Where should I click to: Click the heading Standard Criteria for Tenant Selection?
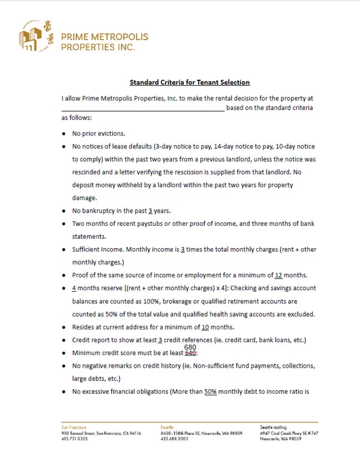coord(189,83)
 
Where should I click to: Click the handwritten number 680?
coord(191,347)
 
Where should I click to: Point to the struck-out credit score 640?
coord(191,353)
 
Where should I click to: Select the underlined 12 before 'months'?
coord(279,275)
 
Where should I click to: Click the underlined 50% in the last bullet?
coord(210,391)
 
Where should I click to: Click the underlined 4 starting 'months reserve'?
coord(74,288)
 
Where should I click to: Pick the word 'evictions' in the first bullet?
coord(110,133)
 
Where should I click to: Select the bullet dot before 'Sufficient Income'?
coord(64,250)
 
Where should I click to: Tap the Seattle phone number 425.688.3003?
coord(174,439)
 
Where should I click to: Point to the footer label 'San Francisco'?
coord(74,427)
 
